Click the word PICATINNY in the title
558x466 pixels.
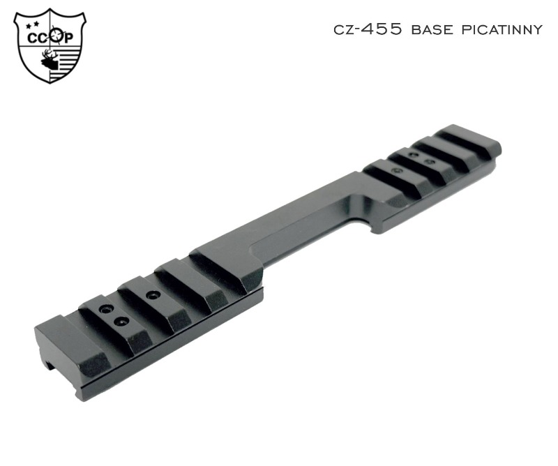502,29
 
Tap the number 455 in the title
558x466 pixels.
382,29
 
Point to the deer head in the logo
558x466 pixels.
50,61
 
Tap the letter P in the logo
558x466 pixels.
68,38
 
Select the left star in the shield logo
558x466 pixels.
29,25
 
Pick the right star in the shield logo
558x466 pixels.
36,24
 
